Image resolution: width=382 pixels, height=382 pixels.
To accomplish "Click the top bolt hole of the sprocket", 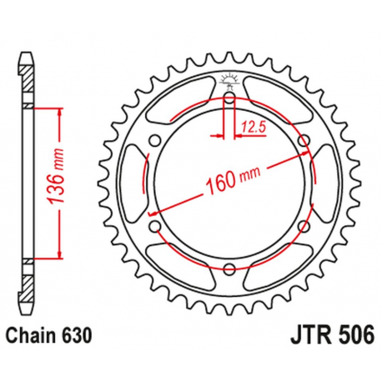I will click(x=228, y=98).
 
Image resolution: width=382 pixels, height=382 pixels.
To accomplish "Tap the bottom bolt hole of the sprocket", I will click(x=228, y=267).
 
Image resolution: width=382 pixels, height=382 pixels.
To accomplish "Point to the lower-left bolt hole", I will click(x=154, y=225).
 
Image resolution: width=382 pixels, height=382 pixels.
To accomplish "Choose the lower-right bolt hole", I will click(x=301, y=225).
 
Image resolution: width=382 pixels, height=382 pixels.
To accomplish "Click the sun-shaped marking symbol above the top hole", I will click(x=228, y=81).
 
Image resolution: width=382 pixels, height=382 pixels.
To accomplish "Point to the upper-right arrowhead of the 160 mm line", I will click(x=295, y=154).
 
